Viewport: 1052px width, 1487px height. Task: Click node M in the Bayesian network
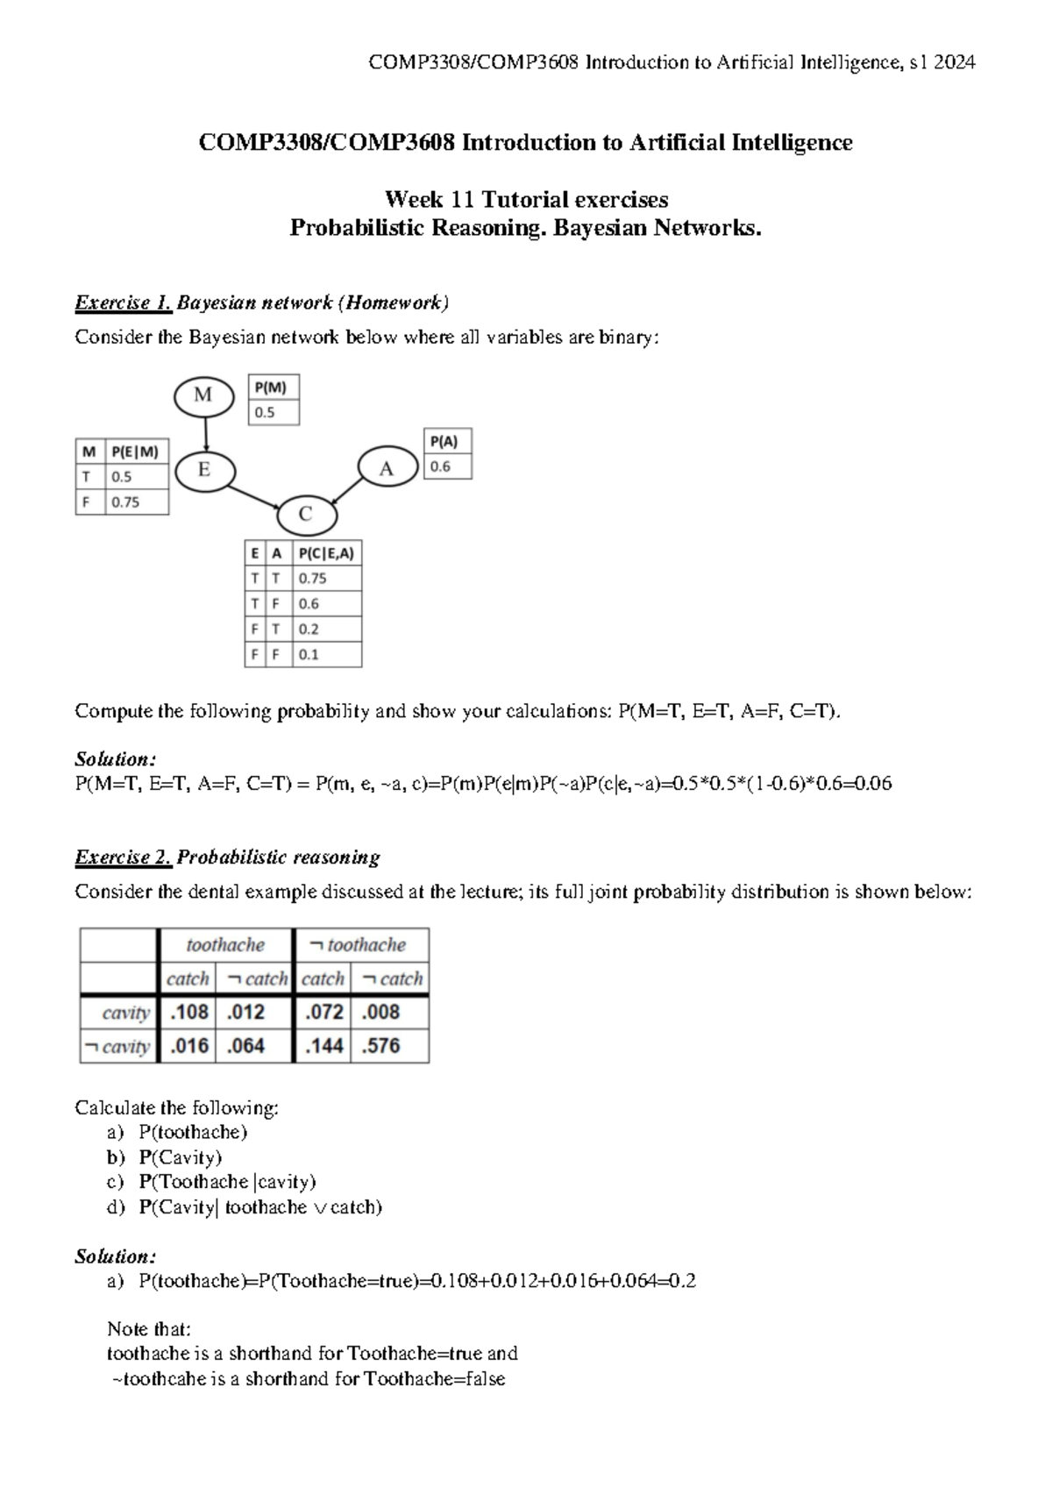pos(203,396)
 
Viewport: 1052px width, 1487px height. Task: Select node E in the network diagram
pos(204,471)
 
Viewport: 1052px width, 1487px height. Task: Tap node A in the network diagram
pos(387,468)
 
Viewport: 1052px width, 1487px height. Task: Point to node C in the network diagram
pos(305,515)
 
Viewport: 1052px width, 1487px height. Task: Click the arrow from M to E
pos(205,432)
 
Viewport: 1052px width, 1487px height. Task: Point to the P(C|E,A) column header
pos(326,553)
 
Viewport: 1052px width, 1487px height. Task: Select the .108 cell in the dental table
pos(188,1013)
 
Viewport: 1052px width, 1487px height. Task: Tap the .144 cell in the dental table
pos(323,1046)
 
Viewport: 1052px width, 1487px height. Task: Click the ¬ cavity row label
pos(117,1047)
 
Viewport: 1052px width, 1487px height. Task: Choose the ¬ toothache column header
pos(360,945)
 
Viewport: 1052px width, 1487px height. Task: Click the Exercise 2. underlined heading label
pos(124,857)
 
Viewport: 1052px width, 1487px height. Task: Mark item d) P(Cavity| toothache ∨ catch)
pos(259,1208)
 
